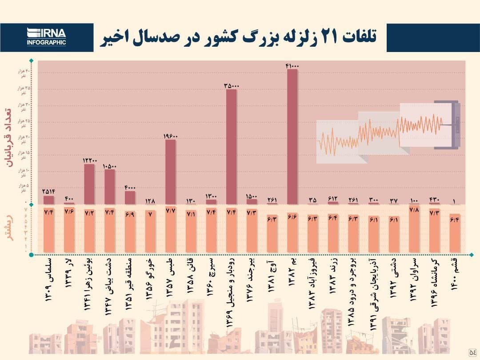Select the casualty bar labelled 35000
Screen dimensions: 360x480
(231, 147)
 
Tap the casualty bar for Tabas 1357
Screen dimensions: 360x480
(170, 172)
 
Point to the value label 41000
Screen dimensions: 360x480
(292, 66)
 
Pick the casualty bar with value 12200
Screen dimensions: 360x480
(89, 184)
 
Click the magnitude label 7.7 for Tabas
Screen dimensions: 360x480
(170, 212)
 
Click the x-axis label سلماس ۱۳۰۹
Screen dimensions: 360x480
(48, 280)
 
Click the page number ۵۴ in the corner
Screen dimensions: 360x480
(472, 352)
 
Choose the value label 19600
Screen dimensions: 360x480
(170, 136)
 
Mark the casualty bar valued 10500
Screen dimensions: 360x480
(109, 187)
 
